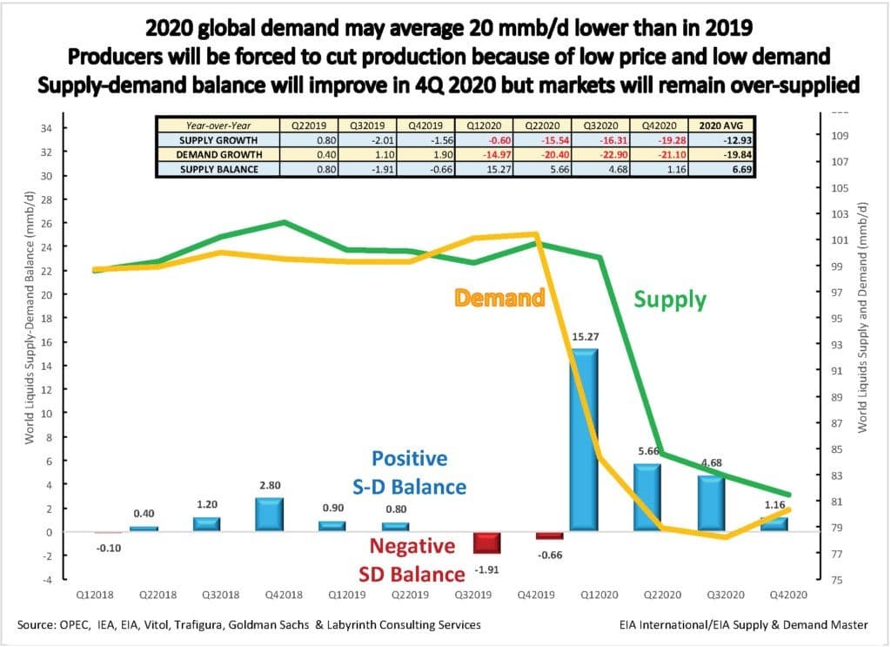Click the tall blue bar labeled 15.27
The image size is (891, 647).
583,440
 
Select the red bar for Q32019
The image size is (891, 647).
486,543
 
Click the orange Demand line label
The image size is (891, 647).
499,298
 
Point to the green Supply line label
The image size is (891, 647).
670,300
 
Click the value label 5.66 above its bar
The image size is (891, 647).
646,452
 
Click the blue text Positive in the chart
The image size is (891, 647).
409,458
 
